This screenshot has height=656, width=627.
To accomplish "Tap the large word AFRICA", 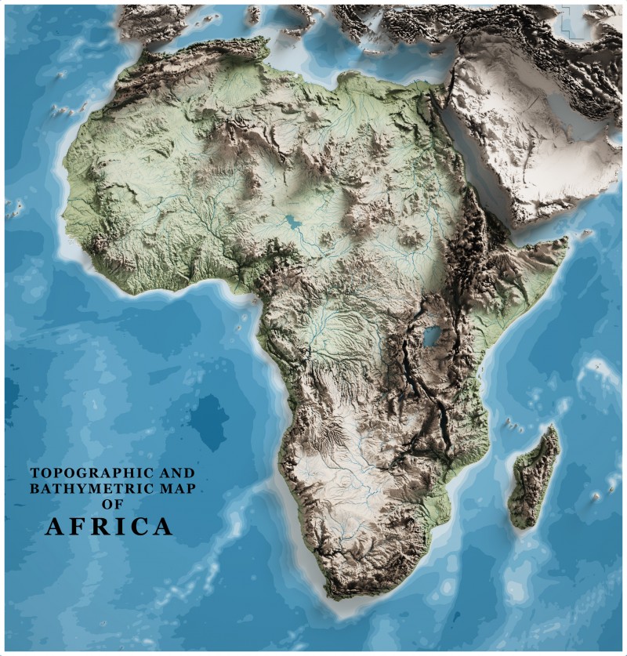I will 108,527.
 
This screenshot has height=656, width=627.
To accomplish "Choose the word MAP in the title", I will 174,489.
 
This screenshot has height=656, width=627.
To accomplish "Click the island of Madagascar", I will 535,478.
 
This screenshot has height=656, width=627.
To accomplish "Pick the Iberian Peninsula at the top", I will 149,20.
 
